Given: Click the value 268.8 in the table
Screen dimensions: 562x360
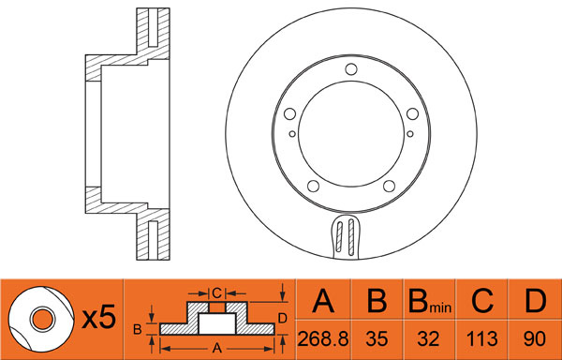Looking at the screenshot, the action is pos(323,338).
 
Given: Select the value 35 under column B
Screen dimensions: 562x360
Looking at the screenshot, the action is pos(377,338).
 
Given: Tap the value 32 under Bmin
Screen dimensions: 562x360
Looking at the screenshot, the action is pos(428,338).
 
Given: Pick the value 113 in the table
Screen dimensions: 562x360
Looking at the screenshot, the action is pos(482,338).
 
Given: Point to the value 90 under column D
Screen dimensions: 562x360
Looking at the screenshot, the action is pos(535,338).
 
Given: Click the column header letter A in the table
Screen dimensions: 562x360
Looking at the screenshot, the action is pos(323,301).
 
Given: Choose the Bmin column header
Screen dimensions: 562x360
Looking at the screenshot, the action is pos(430,302).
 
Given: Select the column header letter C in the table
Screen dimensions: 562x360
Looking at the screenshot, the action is pos(482,301).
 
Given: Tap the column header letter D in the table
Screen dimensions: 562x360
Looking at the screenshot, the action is pos(535,301).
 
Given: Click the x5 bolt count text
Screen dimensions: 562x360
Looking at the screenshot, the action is pos(99,317).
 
